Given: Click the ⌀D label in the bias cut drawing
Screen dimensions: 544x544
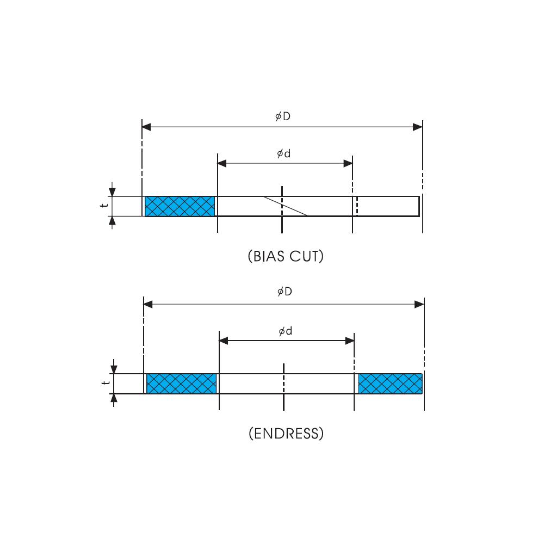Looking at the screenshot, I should coord(282,116).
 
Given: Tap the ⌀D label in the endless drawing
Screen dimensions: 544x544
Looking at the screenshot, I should coord(284,292).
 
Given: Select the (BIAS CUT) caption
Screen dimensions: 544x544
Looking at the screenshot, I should coord(286,256).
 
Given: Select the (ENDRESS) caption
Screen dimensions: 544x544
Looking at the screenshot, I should coord(286,434).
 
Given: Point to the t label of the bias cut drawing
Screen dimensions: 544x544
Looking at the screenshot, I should coord(102,206).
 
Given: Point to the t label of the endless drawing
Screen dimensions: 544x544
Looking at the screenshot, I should coord(104,383).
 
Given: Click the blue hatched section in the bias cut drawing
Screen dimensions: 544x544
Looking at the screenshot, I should coord(180,206).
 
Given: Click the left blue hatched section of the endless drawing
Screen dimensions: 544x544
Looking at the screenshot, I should coord(182,384).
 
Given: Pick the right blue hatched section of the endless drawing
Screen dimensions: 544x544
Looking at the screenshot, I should coord(390,384).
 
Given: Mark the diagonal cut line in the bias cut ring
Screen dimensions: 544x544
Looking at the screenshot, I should coord(286,206).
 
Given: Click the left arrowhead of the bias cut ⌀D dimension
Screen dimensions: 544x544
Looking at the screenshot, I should coord(146,127).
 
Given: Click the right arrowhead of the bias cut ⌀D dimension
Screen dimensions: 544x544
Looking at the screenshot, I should coord(418,127).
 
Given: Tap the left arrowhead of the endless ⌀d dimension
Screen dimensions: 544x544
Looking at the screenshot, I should coord(223,341).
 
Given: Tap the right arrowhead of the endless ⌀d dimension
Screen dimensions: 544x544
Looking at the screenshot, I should coord(350,341).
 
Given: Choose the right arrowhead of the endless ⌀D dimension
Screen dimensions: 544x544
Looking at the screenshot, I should coord(419,305).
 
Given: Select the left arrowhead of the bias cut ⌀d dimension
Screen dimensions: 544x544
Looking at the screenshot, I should coord(221,163).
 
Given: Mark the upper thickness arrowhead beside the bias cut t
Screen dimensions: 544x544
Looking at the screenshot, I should coord(112,191).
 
